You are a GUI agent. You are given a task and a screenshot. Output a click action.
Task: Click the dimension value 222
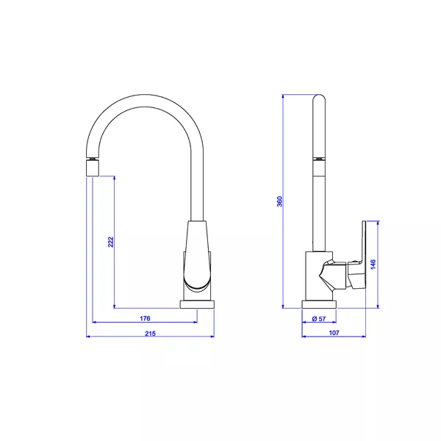(111, 242)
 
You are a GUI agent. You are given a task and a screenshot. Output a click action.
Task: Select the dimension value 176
(145, 318)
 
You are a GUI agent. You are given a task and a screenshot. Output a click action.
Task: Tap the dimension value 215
(150, 334)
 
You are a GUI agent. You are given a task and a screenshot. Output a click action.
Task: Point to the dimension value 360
(279, 201)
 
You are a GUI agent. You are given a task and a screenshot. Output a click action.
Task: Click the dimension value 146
(373, 265)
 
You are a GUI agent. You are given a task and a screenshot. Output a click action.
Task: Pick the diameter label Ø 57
(319, 319)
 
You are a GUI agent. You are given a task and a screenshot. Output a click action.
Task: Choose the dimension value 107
(334, 333)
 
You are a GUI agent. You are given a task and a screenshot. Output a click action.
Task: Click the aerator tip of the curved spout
(93, 168)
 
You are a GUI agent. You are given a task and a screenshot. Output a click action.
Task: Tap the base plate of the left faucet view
(197, 304)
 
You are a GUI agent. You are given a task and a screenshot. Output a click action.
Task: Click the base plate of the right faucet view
(319, 304)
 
